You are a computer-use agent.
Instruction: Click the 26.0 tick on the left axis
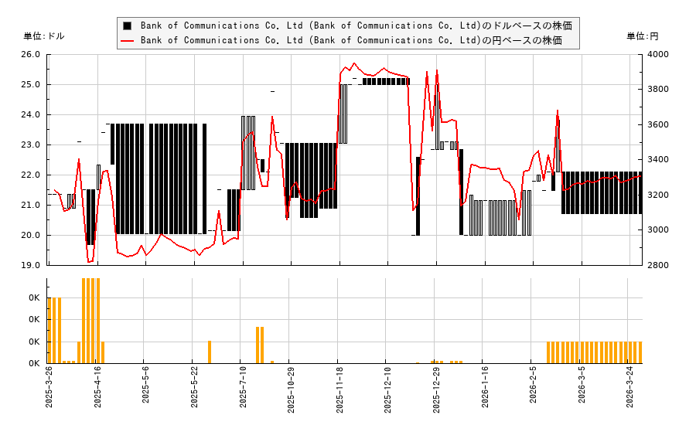click(x=32, y=54)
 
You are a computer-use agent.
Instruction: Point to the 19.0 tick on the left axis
click(x=32, y=265)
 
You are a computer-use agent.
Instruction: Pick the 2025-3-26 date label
click(x=49, y=392)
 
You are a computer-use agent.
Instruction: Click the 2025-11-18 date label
click(x=339, y=392)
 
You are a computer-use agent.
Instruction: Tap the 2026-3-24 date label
click(x=630, y=392)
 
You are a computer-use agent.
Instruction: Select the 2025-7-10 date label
click(x=243, y=392)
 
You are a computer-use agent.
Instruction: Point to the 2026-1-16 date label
click(x=485, y=392)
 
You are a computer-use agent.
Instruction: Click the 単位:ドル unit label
click(x=44, y=36)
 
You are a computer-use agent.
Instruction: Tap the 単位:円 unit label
click(x=643, y=36)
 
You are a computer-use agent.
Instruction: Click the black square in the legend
click(x=127, y=25)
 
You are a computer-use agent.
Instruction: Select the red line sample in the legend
click(x=127, y=40)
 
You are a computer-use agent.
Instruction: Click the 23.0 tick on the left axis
click(x=32, y=144)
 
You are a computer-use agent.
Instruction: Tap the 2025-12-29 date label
click(x=436, y=392)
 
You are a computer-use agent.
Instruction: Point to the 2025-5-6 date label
click(x=145, y=392)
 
